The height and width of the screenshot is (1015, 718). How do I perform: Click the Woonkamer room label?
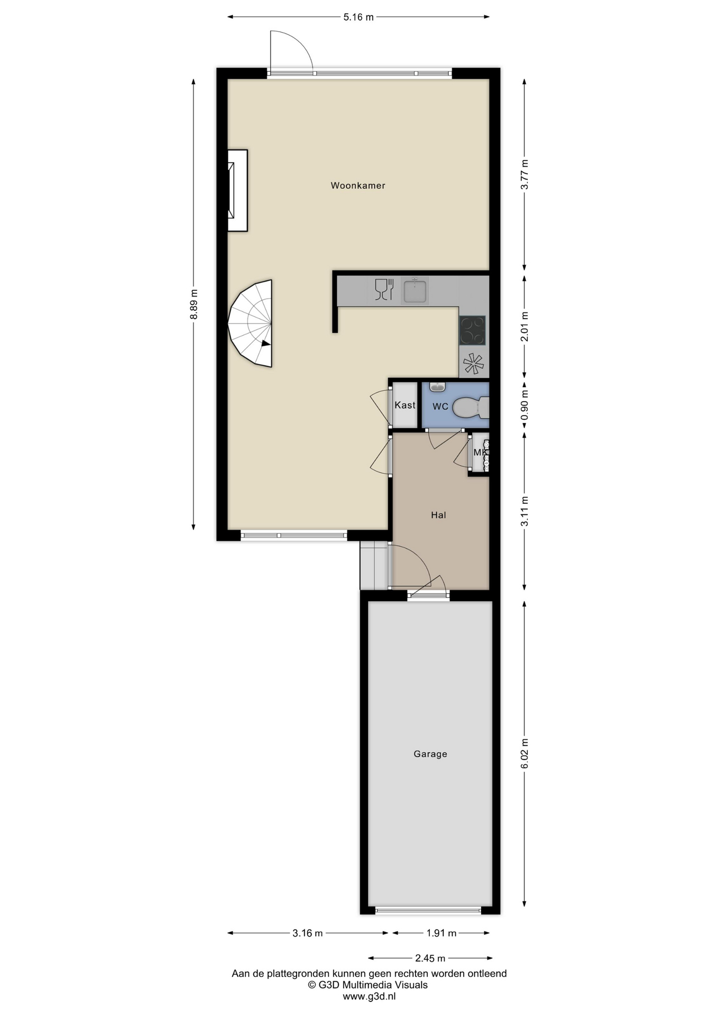[x=358, y=186]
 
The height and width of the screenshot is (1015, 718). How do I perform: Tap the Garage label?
[x=430, y=754]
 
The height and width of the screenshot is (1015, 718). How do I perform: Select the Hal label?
[x=438, y=515]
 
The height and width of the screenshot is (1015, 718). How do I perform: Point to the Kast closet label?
[x=405, y=405]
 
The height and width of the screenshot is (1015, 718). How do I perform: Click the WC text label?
[x=440, y=406]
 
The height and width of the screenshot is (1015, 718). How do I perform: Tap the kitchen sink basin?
[x=415, y=291]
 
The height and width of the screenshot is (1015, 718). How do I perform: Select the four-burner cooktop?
[x=472, y=330]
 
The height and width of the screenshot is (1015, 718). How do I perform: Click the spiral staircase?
[x=251, y=323]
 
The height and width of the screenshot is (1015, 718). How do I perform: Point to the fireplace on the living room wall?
[x=237, y=190]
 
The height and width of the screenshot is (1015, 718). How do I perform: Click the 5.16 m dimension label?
[x=358, y=17]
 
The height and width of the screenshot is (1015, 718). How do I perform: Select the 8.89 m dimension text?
[x=194, y=303]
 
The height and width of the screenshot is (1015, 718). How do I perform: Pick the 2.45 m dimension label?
[x=430, y=958]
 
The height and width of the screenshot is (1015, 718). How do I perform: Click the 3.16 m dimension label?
[x=308, y=933]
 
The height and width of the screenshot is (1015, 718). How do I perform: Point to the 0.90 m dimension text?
[x=524, y=405]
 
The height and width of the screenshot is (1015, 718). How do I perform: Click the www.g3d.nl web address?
[x=369, y=996]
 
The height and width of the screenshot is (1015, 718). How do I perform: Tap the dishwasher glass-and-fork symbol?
[x=384, y=290]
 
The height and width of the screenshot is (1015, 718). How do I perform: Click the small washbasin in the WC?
[x=437, y=387]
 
